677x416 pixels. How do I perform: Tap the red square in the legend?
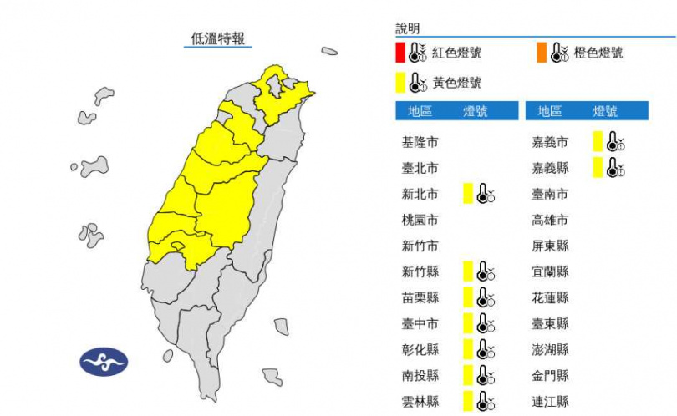(401, 53)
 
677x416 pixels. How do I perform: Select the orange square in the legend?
(542, 53)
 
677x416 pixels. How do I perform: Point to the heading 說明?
(410, 29)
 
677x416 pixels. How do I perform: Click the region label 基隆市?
(420, 142)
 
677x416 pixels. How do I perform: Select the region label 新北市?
(420, 194)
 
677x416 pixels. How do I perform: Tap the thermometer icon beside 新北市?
(486, 194)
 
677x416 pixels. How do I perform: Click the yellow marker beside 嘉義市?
(598, 142)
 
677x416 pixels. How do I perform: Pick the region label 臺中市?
(420, 323)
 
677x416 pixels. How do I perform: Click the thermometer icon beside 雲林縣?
(486, 401)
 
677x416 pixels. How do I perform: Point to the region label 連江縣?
(551, 401)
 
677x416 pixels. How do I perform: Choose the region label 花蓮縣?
(551, 297)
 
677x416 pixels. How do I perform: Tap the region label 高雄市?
(551, 220)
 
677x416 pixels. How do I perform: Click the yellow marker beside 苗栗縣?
(469, 297)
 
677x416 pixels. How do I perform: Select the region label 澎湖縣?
(551, 349)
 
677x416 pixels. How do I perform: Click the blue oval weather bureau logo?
(104, 363)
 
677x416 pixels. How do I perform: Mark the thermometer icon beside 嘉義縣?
(616, 168)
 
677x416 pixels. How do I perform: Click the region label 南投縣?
(420, 375)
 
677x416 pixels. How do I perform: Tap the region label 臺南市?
(551, 194)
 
